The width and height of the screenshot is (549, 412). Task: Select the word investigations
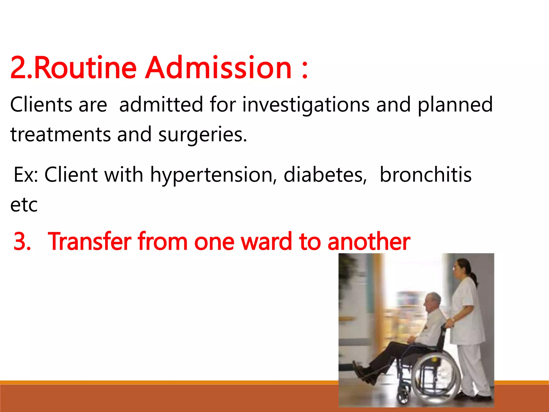pos(306,105)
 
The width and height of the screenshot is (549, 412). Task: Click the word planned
pos(455,105)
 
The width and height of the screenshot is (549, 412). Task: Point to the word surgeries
pos(202,135)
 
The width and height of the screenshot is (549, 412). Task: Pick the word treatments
pos(60,135)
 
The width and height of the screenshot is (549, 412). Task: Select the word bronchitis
pos(426,175)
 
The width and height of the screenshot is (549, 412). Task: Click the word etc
pos(24,205)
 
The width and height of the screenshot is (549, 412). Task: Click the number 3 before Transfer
pos(22,241)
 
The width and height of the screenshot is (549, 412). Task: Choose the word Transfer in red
pos(90,241)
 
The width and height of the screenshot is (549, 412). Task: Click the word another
pos(369,241)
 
